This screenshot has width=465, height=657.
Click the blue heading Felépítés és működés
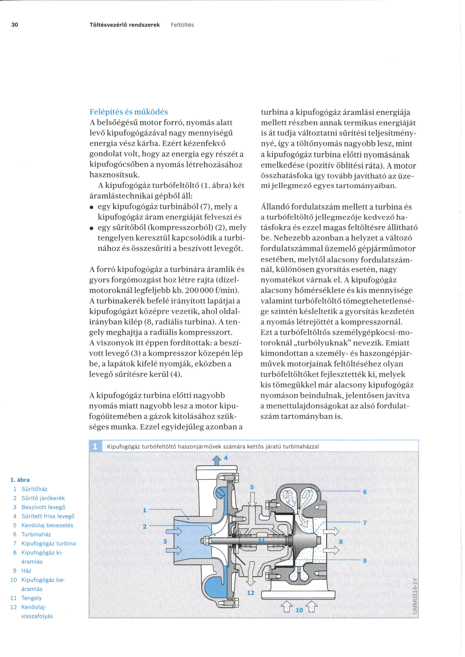click(129, 112)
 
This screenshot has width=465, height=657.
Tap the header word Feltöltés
click(182, 25)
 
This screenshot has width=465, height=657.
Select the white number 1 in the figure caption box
click(95, 446)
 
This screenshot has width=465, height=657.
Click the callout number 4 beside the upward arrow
click(226, 457)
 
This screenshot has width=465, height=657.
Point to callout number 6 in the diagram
click(365, 492)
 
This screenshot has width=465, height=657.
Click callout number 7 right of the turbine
click(365, 523)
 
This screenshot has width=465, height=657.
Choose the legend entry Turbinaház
click(36, 534)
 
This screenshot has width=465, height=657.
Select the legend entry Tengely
click(31, 598)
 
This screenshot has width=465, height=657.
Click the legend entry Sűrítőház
click(34, 489)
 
